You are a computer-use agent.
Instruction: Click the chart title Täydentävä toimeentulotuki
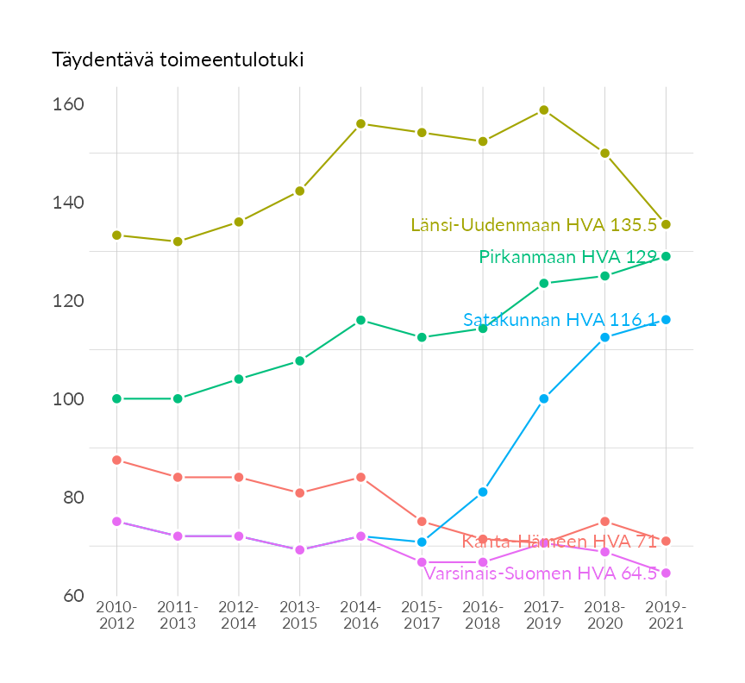(178, 60)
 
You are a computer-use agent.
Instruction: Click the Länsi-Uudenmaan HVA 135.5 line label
(534, 225)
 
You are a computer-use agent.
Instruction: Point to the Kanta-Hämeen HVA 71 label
(560, 542)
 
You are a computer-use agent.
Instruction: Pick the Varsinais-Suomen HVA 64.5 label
(541, 573)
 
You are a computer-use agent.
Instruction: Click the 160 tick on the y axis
(67, 104)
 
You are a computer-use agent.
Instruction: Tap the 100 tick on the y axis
(67, 399)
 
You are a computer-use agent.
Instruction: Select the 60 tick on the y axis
(72, 596)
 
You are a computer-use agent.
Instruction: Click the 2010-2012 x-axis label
(116, 616)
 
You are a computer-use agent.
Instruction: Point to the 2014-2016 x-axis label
(360, 616)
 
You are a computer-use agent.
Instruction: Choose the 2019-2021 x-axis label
(666, 616)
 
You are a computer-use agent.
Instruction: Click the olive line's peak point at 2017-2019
(544, 110)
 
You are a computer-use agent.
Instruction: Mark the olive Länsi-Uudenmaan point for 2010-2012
(116, 235)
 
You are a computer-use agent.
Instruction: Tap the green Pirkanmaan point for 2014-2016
(360, 320)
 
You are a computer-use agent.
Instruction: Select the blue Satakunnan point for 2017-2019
(544, 398)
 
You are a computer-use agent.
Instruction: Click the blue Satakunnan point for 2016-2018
(483, 492)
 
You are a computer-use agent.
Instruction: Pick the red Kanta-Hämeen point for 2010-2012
(116, 461)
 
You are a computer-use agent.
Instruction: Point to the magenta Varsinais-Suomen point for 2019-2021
(666, 573)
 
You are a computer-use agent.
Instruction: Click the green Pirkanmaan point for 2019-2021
(666, 256)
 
